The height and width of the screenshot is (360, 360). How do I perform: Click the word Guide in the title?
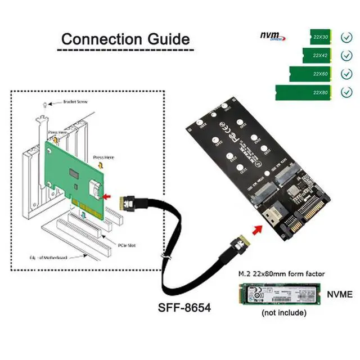tap(166, 39)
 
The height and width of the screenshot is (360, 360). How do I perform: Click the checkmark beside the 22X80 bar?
tap(346, 91)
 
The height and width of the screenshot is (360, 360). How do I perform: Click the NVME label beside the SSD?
tap(340, 294)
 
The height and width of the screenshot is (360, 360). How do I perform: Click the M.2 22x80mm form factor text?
tap(279, 274)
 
